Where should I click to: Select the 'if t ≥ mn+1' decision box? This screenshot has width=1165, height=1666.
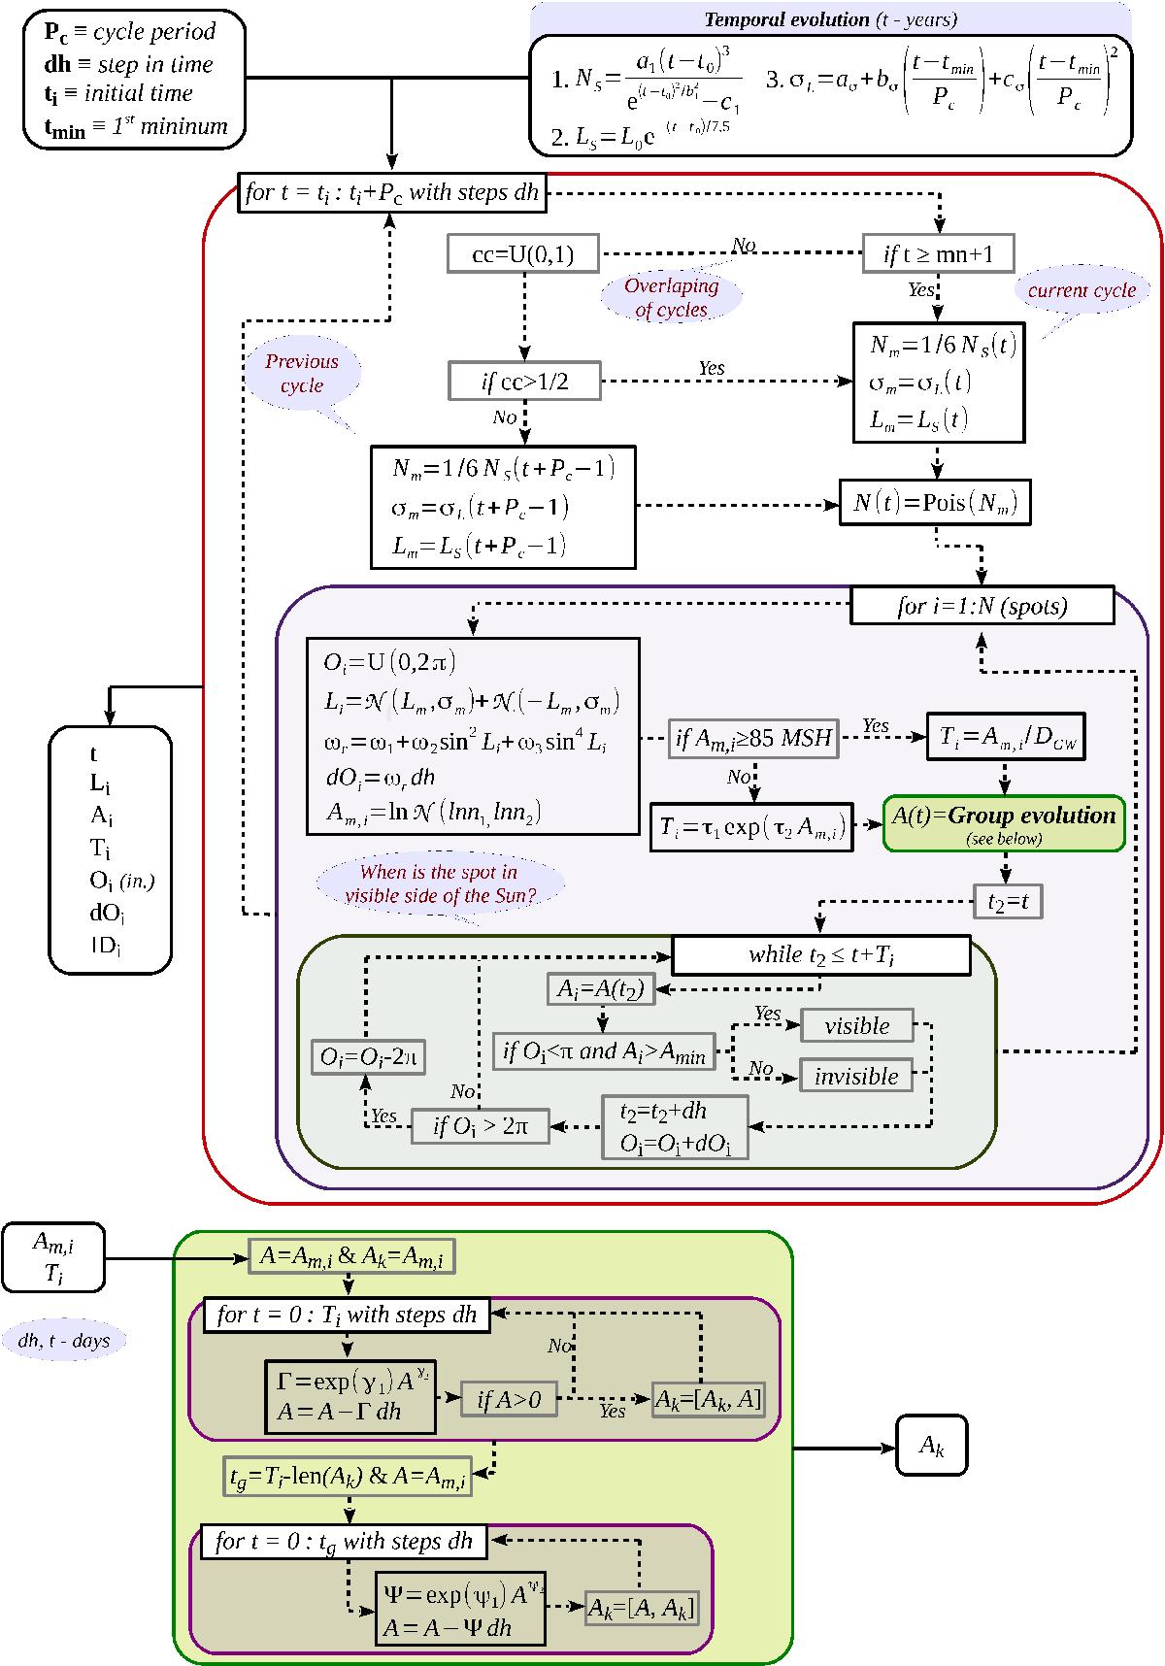click(939, 254)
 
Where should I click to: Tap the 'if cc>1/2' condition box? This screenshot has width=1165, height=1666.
click(525, 381)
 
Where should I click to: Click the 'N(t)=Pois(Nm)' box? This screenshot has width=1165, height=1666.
click(934, 503)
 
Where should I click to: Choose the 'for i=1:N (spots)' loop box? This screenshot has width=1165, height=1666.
click(982, 607)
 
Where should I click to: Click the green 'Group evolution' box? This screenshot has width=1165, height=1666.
click(1004, 823)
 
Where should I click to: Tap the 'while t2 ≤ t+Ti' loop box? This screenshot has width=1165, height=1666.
click(820, 955)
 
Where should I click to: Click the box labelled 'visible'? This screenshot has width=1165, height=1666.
click(856, 1026)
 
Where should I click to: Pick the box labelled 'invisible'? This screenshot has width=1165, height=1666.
click(855, 1076)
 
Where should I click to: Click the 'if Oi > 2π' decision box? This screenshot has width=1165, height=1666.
click(480, 1127)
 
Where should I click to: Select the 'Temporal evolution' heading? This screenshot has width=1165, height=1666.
click(829, 19)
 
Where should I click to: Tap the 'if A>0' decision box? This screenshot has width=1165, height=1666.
click(509, 1399)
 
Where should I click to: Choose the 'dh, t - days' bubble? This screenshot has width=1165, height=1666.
click(64, 1341)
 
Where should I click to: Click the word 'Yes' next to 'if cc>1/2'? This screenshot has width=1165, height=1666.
click(711, 369)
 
